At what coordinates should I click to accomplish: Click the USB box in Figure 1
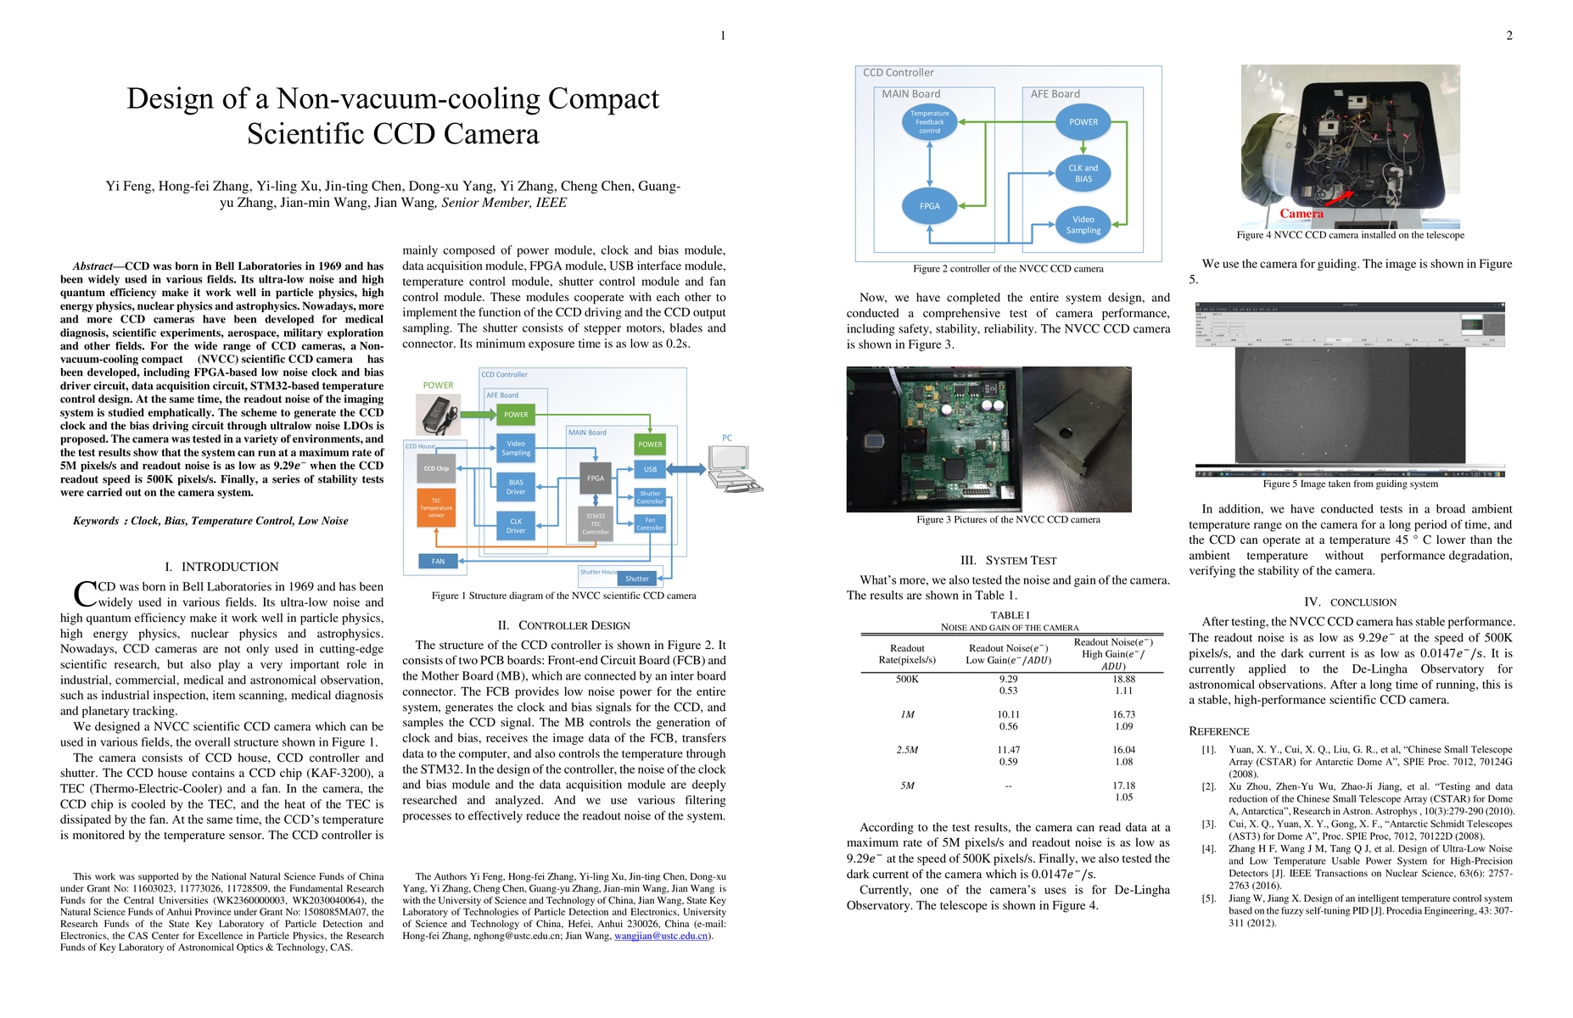[x=650, y=469]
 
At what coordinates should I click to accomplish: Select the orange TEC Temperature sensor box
[x=436, y=507]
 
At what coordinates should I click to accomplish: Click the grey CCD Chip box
[x=436, y=468]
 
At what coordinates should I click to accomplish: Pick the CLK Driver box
[x=516, y=526]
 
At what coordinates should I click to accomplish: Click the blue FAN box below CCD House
[x=438, y=561]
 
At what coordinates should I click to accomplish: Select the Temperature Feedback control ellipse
[x=930, y=122]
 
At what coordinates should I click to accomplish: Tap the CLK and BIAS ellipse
[x=1083, y=173]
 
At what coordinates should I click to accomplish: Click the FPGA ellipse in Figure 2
[x=930, y=206]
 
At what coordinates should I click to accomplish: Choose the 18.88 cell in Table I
[x=1123, y=680]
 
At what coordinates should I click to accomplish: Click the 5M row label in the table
[x=907, y=786]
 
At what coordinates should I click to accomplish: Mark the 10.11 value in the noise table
[x=1008, y=715]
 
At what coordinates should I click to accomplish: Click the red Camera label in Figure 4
[x=1301, y=214]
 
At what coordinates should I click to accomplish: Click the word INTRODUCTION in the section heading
[x=230, y=567]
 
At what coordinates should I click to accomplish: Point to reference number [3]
[x=1208, y=824]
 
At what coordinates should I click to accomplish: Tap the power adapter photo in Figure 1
[x=438, y=415]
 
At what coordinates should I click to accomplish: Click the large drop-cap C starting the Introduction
[x=85, y=594]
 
